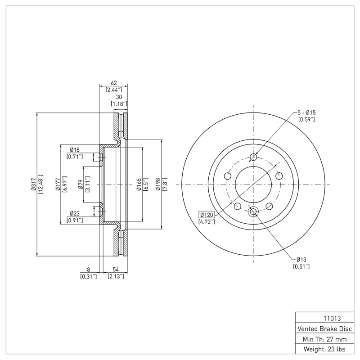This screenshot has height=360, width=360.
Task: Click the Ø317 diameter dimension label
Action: (x=33, y=184)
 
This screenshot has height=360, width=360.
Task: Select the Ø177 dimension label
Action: (x=58, y=184)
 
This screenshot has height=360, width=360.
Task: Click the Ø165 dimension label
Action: (x=139, y=184)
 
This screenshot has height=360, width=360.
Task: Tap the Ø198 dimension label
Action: (x=158, y=184)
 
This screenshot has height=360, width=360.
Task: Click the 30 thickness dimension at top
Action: (x=119, y=97)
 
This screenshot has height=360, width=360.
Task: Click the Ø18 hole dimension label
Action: (x=75, y=149)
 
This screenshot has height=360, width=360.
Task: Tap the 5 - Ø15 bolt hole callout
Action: (x=306, y=112)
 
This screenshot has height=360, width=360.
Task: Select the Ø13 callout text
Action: (x=301, y=260)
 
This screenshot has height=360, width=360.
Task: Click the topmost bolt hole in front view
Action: (x=253, y=157)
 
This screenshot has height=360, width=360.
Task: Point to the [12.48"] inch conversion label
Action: (x=40, y=184)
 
